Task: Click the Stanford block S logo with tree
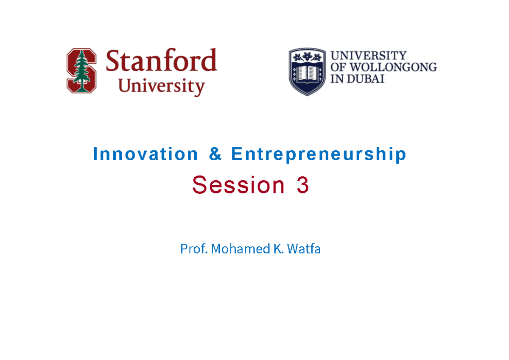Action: (81, 71)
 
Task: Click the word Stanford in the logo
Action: (161, 61)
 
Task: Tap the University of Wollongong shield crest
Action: (307, 71)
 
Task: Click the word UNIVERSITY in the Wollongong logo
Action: (368, 56)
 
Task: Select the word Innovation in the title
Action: (145, 154)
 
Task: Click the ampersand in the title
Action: (215, 154)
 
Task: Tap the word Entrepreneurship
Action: (319, 154)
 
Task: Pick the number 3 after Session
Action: (303, 185)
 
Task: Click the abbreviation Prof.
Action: (194, 249)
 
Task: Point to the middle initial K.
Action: (277, 249)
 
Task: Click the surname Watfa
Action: (304, 249)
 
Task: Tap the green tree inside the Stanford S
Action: (81, 70)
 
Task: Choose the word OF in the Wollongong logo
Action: (337, 67)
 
